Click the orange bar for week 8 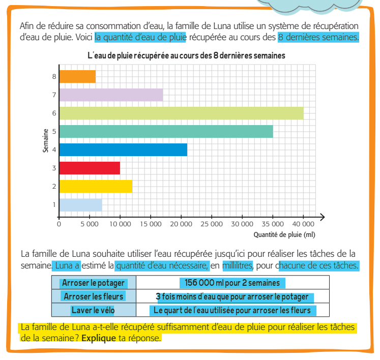pyautogui.click(x=77, y=76)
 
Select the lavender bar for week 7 pyautogui.click(x=111, y=95)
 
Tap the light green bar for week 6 pyautogui.click(x=181, y=113)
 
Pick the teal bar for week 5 pyautogui.click(x=166, y=131)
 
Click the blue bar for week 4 pyautogui.click(x=123, y=149)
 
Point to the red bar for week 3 pyautogui.click(x=90, y=168)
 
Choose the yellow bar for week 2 pyautogui.click(x=96, y=186)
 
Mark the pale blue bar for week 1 pyautogui.click(x=80, y=204)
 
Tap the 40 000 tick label pyautogui.click(x=303, y=223)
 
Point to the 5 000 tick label pyautogui.click(x=90, y=223)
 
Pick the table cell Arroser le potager pyautogui.click(x=93, y=283)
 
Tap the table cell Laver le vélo pyautogui.click(x=93, y=310)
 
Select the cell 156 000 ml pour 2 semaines pyautogui.click(x=232, y=283)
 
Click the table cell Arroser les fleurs pyautogui.click(x=93, y=296)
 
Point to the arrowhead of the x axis pyautogui.click(x=322, y=217)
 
